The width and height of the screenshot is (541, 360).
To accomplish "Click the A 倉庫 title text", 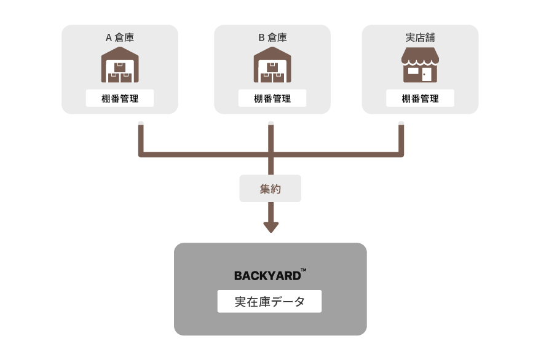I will point(120,37).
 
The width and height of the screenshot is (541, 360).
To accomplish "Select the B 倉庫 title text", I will point(272,37).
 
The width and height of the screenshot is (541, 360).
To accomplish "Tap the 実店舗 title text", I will point(420,37).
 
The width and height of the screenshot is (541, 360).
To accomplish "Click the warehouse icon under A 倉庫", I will point(120,66).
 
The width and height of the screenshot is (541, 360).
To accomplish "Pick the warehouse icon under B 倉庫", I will point(272,66).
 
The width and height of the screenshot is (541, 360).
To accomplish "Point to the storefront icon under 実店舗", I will point(421,66).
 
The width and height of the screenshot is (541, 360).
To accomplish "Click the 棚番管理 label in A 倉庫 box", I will point(120,98).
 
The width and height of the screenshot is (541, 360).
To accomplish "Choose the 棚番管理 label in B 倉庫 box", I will point(272,98).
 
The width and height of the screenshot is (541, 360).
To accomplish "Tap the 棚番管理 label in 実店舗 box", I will point(421,98).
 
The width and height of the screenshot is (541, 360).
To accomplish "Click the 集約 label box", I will point(270,189).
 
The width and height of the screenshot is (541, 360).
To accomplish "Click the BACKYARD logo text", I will point(267,276).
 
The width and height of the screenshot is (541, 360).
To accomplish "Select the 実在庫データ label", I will point(269,302).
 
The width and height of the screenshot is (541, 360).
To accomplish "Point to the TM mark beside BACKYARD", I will point(304,270).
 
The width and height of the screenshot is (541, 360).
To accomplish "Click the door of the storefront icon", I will point(427,74).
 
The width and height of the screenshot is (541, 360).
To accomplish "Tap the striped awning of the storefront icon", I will point(421,57).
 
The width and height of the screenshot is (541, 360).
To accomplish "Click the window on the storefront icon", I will point(413,71).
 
